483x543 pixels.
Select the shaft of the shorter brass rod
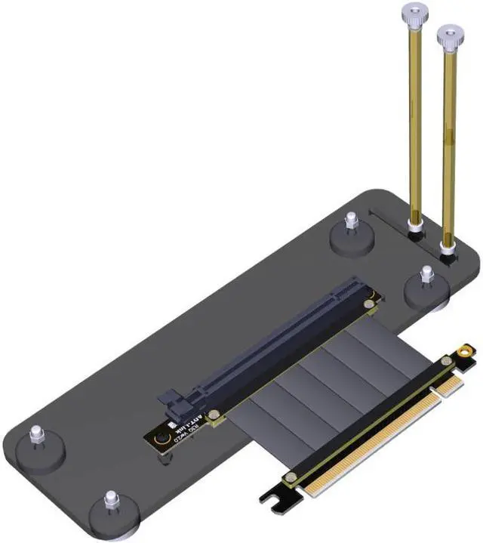[450, 143]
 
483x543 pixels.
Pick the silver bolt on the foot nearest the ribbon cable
[426, 273]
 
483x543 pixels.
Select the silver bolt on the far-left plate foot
[35, 435]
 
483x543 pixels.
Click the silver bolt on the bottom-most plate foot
[111, 500]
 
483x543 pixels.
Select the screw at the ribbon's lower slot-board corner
[215, 415]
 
